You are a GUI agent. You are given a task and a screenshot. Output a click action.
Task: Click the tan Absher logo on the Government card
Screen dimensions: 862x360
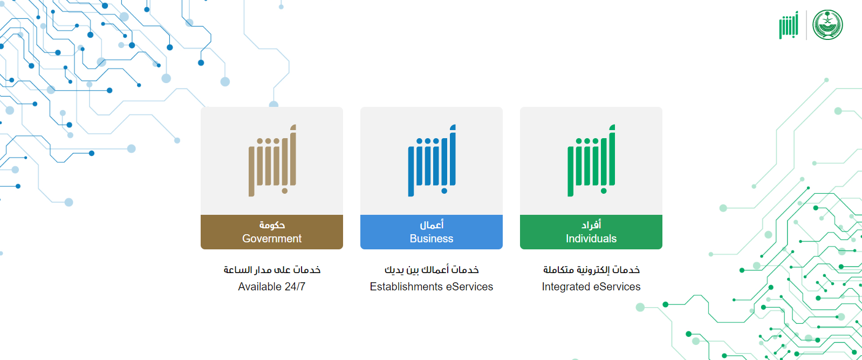click(272, 160)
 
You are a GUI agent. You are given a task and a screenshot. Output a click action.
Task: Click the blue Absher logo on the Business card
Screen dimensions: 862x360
click(432, 160)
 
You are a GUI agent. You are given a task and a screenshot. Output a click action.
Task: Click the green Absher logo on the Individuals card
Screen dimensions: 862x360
click(591, 160)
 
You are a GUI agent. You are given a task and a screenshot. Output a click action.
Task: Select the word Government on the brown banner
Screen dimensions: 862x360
click(272, 239)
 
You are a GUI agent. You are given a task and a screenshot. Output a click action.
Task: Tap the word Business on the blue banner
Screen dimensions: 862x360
click(432, 239)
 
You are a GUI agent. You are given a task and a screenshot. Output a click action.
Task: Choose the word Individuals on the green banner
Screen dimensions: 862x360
click(591, 239)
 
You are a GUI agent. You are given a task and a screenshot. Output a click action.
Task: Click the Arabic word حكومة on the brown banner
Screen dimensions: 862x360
click(272, 225)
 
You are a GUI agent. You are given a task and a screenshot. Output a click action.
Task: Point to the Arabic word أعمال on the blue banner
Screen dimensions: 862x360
click(432, 225)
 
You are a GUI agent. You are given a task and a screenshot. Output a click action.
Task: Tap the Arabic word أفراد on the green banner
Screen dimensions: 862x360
click(591, 225)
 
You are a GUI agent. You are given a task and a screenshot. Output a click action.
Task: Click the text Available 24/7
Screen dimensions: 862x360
click(272, 287)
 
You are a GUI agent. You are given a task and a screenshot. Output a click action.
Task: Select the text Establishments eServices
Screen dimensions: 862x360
click(432, 287)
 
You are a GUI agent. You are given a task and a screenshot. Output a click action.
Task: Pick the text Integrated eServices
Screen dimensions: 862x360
click(591, 287)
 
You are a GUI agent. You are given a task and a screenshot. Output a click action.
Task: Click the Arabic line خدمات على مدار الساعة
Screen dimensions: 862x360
click(272, 269)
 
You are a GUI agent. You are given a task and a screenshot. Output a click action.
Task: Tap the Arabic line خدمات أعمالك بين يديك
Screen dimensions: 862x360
click(432, 269)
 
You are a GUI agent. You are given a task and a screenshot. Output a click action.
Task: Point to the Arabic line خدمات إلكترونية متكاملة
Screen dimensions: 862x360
click(591, 269)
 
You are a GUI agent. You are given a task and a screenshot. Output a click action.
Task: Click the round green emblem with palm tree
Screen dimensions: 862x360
click(827, 25)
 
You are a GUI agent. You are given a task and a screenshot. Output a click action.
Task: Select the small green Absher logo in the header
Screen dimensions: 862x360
click(789, 25)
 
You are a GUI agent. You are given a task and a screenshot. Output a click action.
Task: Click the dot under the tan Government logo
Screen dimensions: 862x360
click(285, 191)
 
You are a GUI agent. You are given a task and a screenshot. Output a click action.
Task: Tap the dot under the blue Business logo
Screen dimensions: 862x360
click(444, 191)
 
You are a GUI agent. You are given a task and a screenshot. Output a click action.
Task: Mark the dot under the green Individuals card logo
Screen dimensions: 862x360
click(604, 191)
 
